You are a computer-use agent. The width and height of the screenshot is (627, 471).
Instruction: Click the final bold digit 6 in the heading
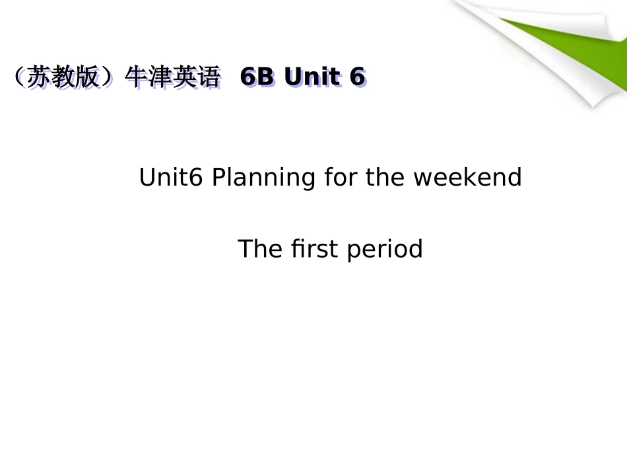[357, 77]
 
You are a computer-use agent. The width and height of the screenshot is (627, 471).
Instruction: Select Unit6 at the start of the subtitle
[172, 177]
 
